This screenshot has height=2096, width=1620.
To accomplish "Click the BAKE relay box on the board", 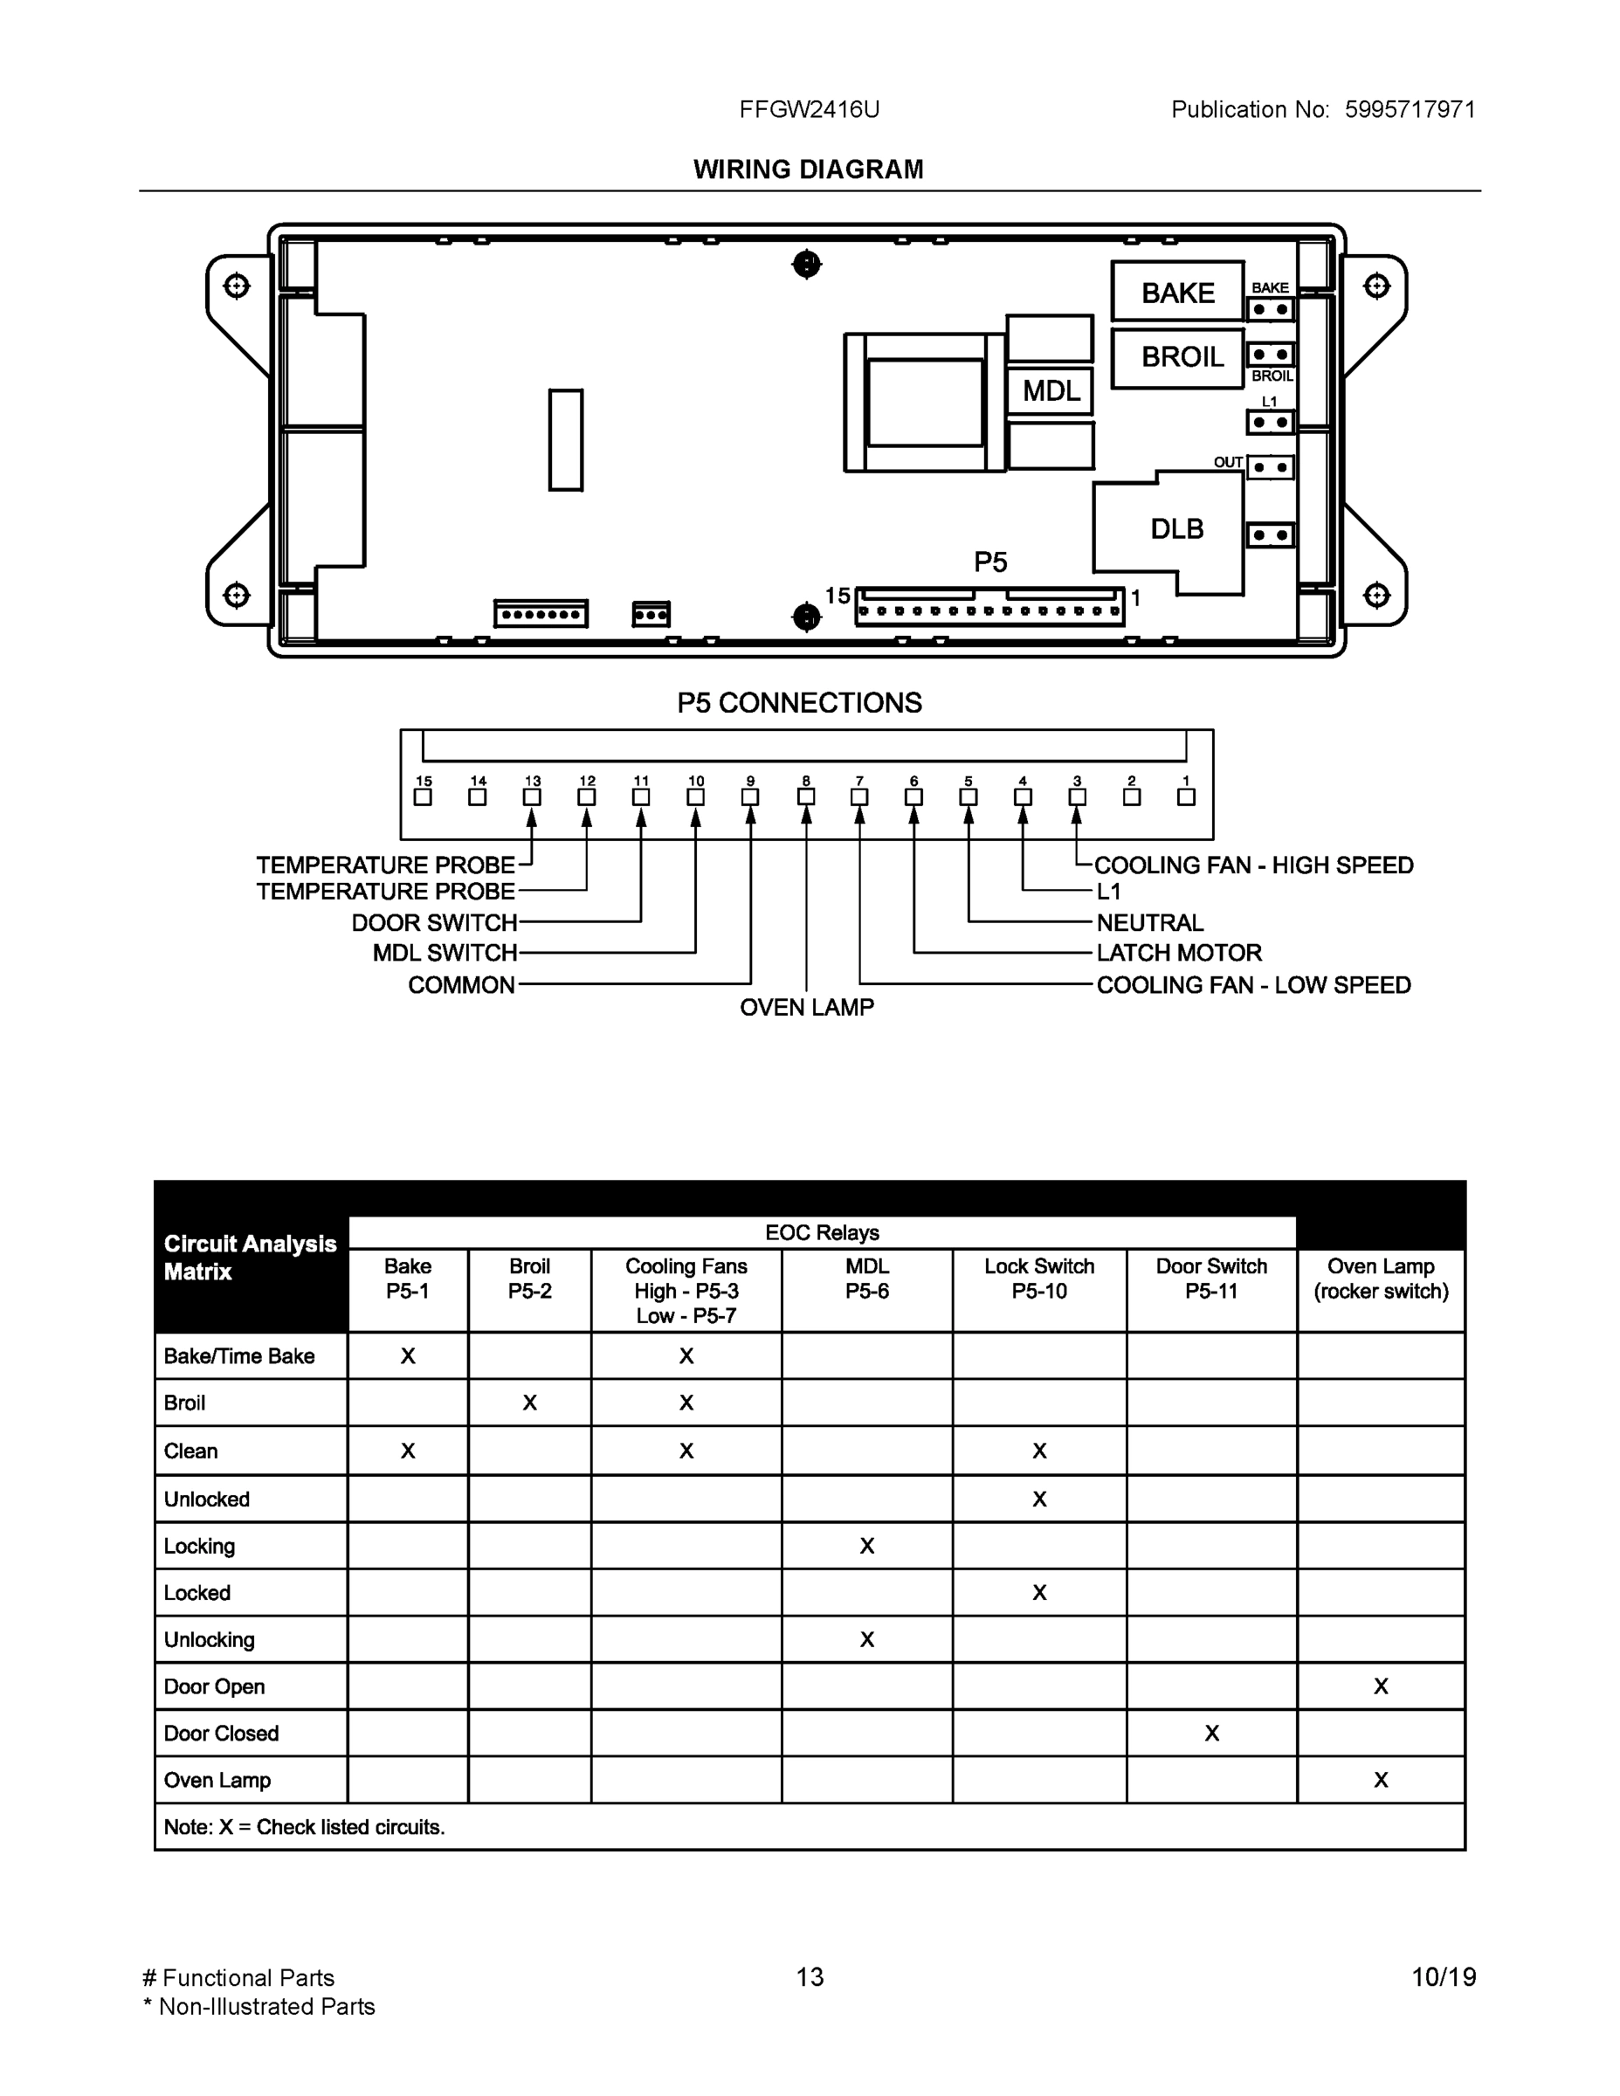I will pyautogui.click(x=1177, y=292).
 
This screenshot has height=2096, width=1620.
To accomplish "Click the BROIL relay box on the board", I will pyautogui.click(x=1177, y=358).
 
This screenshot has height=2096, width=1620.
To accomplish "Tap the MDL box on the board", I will pyautogui.click(x=1051, y=390).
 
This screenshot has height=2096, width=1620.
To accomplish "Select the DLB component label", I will pyautogui.click(x=1176, y=528).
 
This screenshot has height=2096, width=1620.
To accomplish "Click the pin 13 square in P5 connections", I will pyautogui.click(x=532, y=797).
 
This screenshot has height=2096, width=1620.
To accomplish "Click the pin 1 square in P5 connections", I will pyautogui.click(x=1186, y=797).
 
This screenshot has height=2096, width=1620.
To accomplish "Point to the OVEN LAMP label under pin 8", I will pyautogui.click(x=806, y=1008).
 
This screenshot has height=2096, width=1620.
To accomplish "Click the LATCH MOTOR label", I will pyautogui.click(x=1178, y=953).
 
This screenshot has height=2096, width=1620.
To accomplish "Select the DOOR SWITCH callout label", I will pyautogui.click(x=434, y=923).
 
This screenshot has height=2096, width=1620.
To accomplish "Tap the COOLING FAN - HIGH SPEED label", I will pyautogui.click(x=1253, y=865).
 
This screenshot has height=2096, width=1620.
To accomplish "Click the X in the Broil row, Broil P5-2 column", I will pyautogui.click(x=530, y=1403).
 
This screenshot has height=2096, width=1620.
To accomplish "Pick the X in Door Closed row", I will pyautogui.click(x=1211, y=1734).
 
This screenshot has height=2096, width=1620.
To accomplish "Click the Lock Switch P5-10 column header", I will pyautogui.click(x=1039, y=1279).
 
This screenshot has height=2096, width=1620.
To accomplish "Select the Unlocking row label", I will pyautogui.click(x=210, y=1639).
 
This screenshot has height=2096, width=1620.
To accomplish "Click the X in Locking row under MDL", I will pyautogui.click(x=866, y=1546).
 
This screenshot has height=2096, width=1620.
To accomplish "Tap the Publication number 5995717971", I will pyautogui.click(x=1409, y=109).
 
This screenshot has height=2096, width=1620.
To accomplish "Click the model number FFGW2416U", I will pyautogui.click(x=809, y=109).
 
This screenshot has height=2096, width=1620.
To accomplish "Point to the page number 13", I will pyautogui.click(x=809, y=1977).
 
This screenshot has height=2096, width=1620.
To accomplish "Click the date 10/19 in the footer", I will pyautogui.click(x=1444, y=1977).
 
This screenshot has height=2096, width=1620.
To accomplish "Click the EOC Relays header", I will pyautogui.click(x=822, y=1233).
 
